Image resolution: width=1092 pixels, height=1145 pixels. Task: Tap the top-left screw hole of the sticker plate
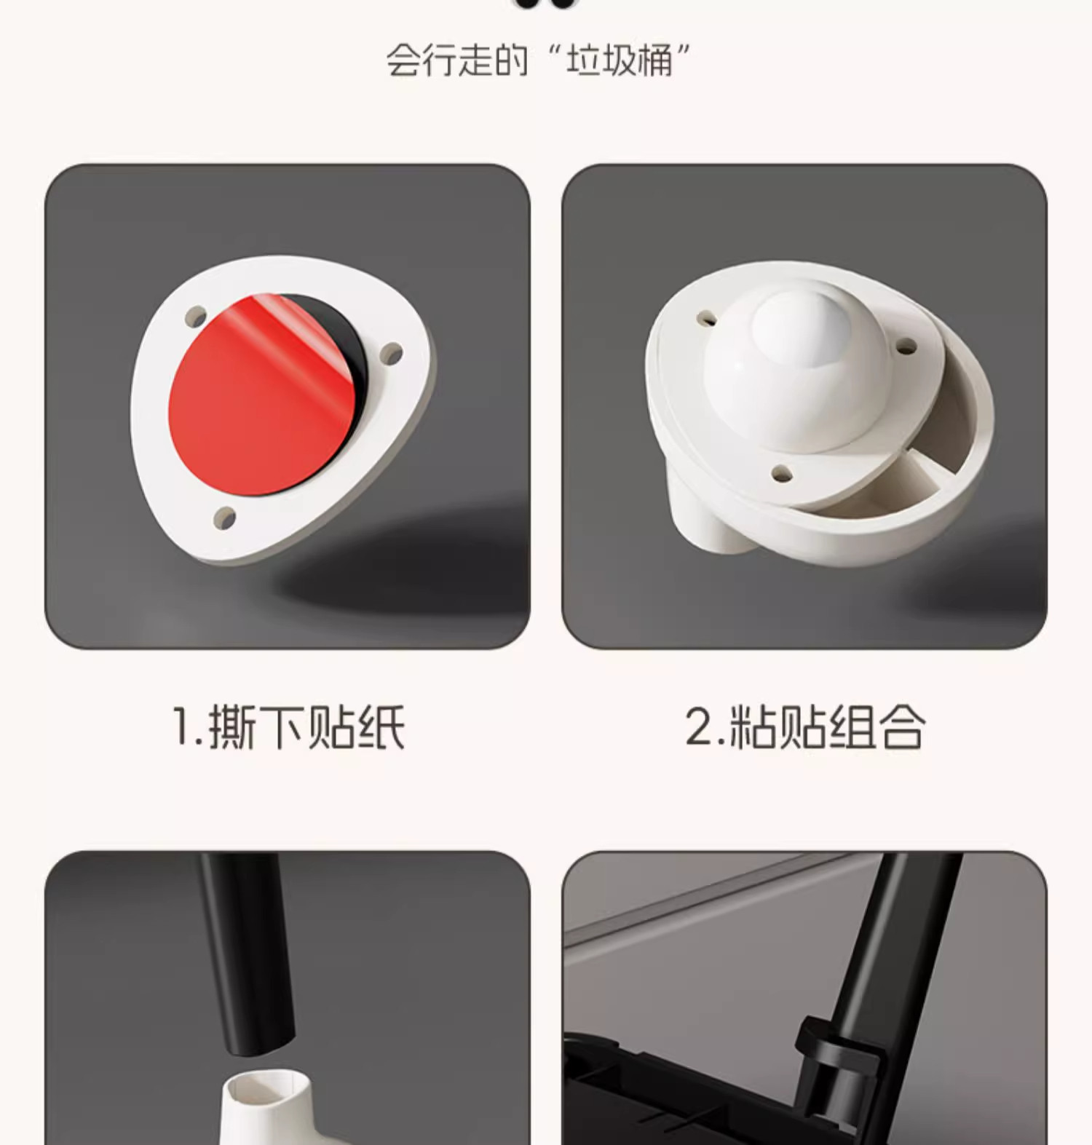pyautogui.click(x=196, y=316)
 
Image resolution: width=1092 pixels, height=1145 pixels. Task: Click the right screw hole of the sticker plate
pyautogui.click(x=392, y=354)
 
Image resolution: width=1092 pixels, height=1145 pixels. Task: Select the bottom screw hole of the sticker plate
pyautogui.click(x=224, y=518)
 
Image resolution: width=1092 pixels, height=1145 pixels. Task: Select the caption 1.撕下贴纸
pyautogui.click(x=288, y=726)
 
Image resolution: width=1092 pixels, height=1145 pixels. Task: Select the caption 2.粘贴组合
pyautogui.click(x=804, y=726)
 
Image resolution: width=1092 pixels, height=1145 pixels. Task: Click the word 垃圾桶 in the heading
pyautogui.click(x=620, y=60)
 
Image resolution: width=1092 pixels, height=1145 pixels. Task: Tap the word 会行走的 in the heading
pyautogui.click(x=456, y=60)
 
